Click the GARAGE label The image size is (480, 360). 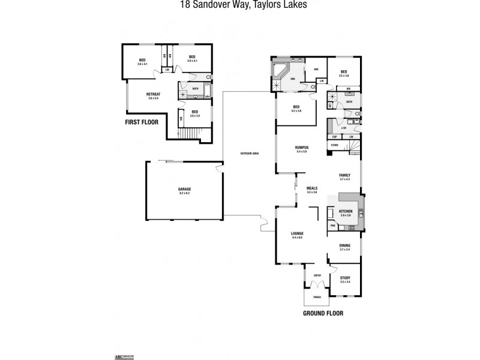(x=185, y=189)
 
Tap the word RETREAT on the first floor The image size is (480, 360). (x=153, y=94)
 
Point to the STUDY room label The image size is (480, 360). (x=345, y=278)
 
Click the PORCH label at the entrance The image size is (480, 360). (x=317, y=298)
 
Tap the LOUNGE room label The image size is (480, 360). (x=297, y=233)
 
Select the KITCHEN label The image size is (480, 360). (x=345, y=212)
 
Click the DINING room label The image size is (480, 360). (x=345, y=245)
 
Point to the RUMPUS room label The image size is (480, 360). (x=301, y=147)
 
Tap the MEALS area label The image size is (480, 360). (x=312, y=188)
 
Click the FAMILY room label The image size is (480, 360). (x=345, y=176)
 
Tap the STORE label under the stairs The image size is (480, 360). (x=335, y=145)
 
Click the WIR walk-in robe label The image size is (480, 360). (x=316, y=69)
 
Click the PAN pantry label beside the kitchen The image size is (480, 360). (x=332, y=226)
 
